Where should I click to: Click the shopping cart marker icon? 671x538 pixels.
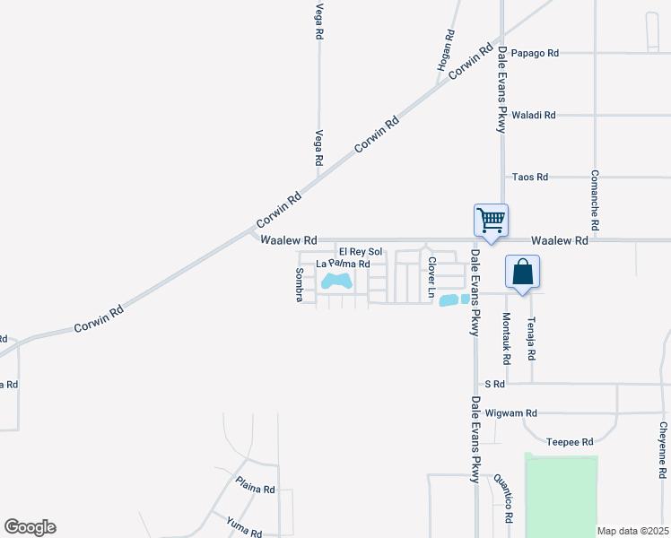point(491,219)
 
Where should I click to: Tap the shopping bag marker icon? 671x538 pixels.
point(523,271)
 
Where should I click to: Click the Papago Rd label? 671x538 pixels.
point(535,53)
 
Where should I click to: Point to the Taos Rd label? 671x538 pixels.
point(528,177)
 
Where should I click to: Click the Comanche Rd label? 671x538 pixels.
point(595,196)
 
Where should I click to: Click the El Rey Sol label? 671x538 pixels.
point(360,252)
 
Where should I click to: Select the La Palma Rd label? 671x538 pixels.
point(344,264)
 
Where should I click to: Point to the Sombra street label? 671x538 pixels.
point(300,284)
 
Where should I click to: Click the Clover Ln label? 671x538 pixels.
point(431,278)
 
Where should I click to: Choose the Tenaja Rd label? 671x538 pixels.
point(532,338)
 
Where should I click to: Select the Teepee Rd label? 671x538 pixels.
point(570,442)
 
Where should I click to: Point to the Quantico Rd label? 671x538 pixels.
point(508,498)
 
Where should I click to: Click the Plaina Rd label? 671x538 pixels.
point(256,490)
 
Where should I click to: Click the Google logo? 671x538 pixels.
point(30,527)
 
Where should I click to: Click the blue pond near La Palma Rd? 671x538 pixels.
point(336,282)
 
